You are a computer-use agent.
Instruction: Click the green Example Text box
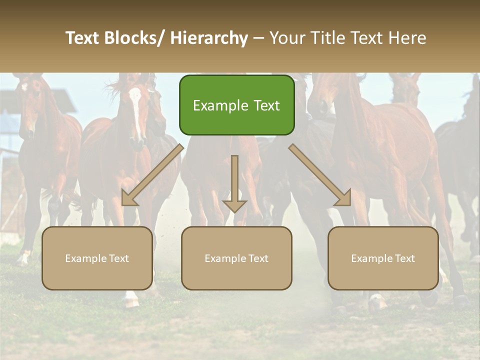(x=236, y=105)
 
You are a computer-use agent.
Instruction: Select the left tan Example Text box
(x=97, y=258)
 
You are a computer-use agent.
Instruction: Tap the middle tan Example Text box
(x=236, y=258)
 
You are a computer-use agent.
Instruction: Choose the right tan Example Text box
(x=383, y=258)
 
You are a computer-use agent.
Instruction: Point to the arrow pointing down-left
(x=152, y=175)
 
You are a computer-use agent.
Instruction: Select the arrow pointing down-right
(x=320, y=175)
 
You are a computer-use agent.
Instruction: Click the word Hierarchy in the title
(x=209, y=38)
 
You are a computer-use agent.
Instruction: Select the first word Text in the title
(x=83, y=38)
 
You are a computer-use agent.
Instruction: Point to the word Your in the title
(x=285, y=38)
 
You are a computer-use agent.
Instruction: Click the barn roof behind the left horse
(x=62, y=100)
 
